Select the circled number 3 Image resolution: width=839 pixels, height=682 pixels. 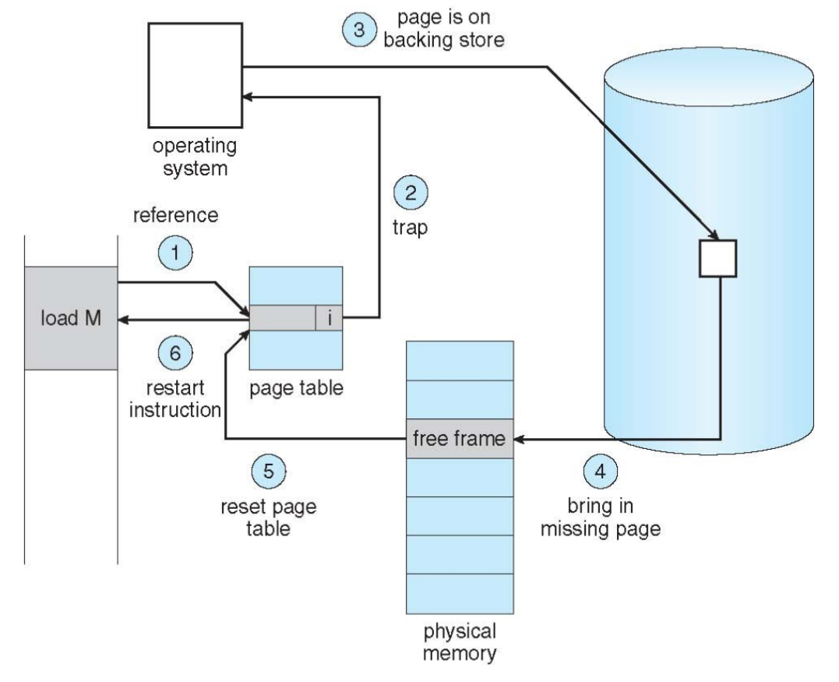click(358, 30)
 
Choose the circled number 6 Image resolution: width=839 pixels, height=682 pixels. click(174, 353)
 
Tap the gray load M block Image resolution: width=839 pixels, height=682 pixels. click(71, 318)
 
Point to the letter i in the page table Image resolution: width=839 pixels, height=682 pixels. click(329, 317)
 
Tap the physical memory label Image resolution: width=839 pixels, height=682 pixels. click(460, 640)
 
